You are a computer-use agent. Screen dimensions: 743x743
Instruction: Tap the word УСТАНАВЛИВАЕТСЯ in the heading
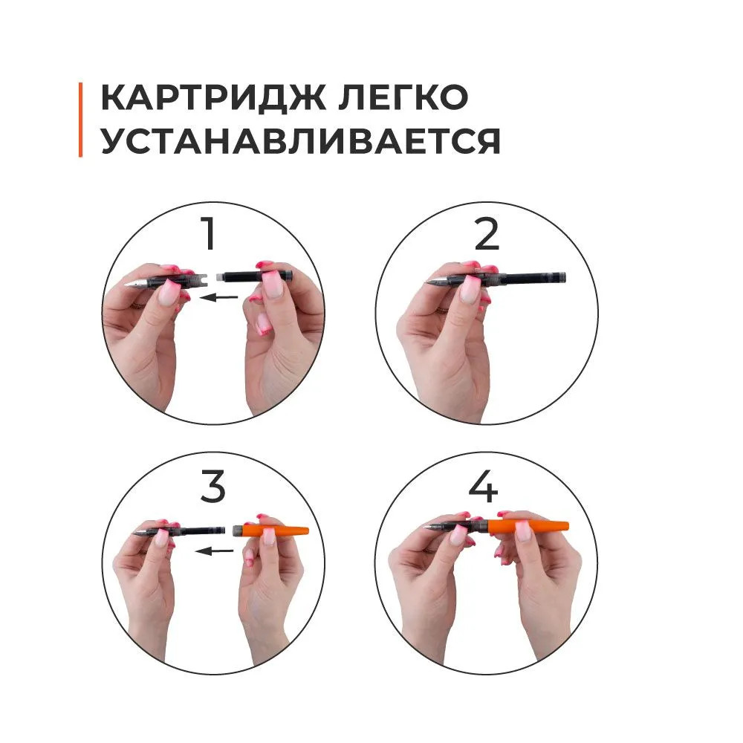tap(300, 140)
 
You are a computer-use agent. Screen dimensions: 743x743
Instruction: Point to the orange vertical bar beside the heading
tap(80, 120)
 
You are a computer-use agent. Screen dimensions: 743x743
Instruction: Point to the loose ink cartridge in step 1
tap(256, 276)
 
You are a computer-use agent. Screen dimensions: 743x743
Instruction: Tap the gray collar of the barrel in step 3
tap(240, 531)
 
